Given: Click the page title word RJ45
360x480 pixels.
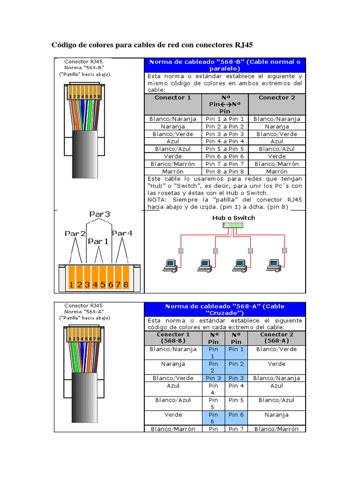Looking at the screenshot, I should pyautogui.click(x=242, y=45).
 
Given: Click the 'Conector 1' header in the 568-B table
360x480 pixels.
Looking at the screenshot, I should pyautogui.click(x=172, y=97).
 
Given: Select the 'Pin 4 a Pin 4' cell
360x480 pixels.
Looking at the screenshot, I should pyautogui.click(x=225, y=141).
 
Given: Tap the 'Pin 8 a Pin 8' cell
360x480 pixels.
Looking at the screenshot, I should pyautogui.click(x=225, y=171).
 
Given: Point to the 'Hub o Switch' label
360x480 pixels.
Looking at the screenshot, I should pyautogui.click(x=233, y=217).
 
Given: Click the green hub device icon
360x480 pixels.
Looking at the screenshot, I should pyautogui.click(x=233, y=225).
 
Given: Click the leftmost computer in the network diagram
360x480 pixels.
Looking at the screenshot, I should pyautogui.click(x=169, y=266).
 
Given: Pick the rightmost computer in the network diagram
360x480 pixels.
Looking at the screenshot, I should pyautogui.click(x=273, y=266).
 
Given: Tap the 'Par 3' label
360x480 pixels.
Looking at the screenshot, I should pyautogui.click(x=99, y=214).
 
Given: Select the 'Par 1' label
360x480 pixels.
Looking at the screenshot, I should pyautogui.click(x=98, y=241).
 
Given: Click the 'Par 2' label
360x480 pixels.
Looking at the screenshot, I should pyautogui.click(x=75, y=233).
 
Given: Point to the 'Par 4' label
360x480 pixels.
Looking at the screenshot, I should pyautogui.click(x=122, y=233).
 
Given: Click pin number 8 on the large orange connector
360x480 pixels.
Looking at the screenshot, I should pyautogui.click(x=125, y=285).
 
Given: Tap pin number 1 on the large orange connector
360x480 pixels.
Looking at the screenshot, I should pyautogui.click(x=71, y=285).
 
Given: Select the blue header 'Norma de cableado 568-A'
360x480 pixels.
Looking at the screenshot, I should pyautogui.click(x=225, y=309).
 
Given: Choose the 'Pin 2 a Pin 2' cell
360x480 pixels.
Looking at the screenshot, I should pyautogui.click(x=225, y=127).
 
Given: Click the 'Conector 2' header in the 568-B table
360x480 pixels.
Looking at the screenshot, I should pyautogui.click(x=277, y=97).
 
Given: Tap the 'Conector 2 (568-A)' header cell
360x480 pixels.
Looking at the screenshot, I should pyautogui.click(x=277, y=338).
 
